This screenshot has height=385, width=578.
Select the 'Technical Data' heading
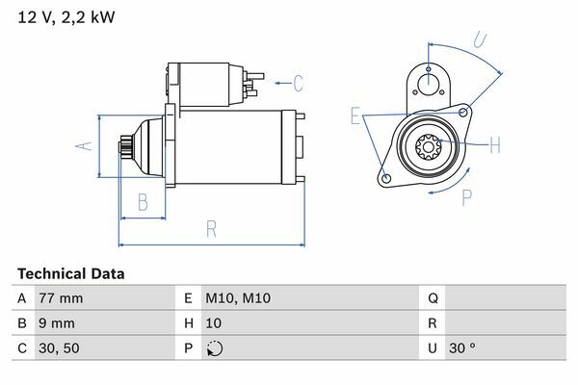tap(70, 273)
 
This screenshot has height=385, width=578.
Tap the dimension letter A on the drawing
tap(83, 145)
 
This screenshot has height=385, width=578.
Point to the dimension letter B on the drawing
tap(142, 201)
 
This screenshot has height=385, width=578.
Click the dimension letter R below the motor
tap(211, 229)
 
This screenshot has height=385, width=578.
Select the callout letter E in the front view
tap(355, 116)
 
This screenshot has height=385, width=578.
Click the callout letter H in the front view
tap(494, 146)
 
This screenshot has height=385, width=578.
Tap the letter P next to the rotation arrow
tap(466, 198)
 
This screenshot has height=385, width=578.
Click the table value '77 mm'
tap(59, 298)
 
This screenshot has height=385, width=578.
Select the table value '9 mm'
tap(55, 323)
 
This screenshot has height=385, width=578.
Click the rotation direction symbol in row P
tap(214, 348)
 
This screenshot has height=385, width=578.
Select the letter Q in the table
tap(433, 298)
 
